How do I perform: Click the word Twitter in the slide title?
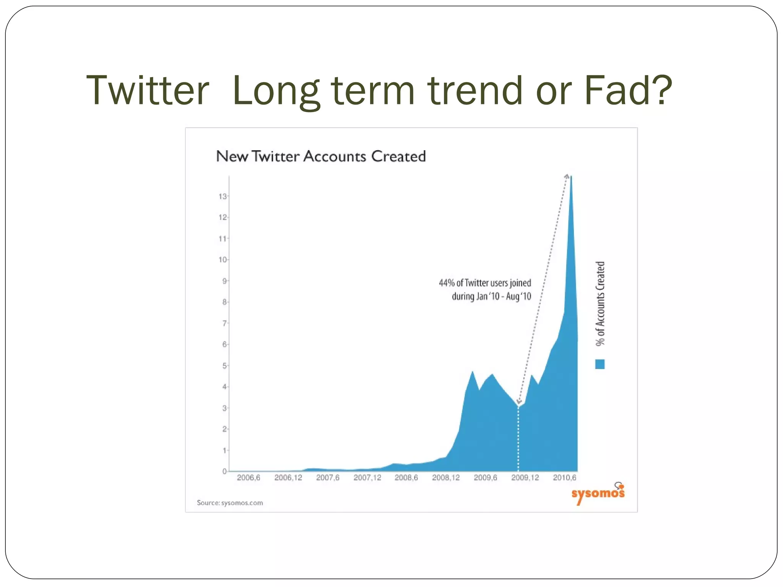tap(148, 90)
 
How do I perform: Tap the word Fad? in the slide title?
tap(628, 90)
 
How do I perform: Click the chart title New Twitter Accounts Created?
tap(320, 156)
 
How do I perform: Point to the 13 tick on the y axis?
tap(223, 196)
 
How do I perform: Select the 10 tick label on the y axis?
tap(223, 260)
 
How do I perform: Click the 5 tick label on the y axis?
tap(224, 366)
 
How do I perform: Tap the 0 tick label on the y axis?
tap(224, 472)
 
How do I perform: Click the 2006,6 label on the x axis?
tap(248, 478)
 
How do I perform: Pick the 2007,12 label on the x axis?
tap(367, 478)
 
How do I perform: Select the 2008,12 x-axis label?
tap(446, 478)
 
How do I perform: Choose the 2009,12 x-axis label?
tap(525, 478)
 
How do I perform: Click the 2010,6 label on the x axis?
tap(564, 478)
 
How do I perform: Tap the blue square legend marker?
tap(600, 364)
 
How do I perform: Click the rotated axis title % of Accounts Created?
tap(600, 304)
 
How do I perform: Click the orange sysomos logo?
tap(598, 493)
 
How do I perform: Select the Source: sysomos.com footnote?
tap(230, 503)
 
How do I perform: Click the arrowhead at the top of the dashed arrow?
tap(567, 176)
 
